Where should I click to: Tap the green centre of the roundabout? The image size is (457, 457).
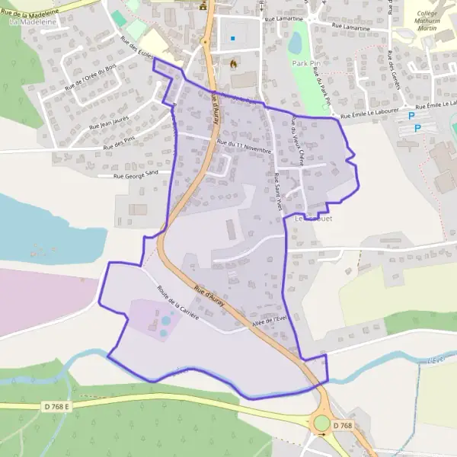[322, 423]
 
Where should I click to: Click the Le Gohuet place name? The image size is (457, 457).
[314, 219]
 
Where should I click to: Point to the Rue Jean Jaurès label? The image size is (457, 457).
[114, 120]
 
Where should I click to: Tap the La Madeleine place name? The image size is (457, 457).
[28, 22]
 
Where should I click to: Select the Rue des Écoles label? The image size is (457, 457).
[138, 51]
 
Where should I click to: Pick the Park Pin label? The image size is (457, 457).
[305, 63]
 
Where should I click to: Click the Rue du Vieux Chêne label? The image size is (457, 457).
[299, 140]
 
